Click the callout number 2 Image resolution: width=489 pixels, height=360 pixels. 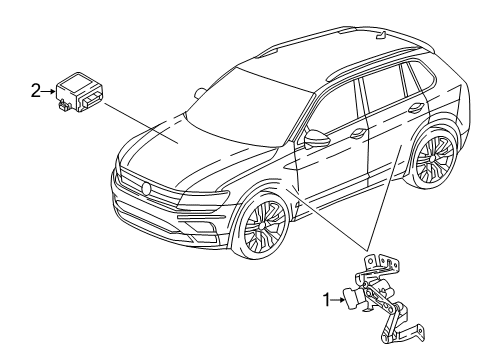[36, 91]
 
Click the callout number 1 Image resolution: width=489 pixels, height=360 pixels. [326, 300]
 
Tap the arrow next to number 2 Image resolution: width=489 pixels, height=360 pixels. [49, 91]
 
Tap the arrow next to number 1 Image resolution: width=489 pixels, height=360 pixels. [338, 300]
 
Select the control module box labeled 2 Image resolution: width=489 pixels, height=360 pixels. [79, 92]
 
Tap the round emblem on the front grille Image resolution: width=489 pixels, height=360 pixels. [146, 188]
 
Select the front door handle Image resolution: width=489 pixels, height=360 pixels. [359, 134]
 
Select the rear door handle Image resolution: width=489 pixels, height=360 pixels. [416, 108]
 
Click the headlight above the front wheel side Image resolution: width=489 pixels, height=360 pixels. [203, 199]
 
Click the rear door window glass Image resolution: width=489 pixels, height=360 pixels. [383, 91]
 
